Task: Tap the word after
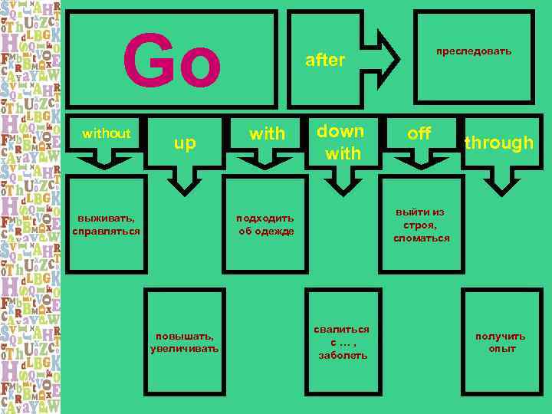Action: pos(325,60)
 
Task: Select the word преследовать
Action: pos(473,51)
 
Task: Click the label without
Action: pos(107,133)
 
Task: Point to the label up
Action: pos(185,142)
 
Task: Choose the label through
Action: pos(498,143)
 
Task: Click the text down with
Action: pos(342,142)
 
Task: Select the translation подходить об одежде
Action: pos(265,224)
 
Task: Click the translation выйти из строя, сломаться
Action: pos(422,225)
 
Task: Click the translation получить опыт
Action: pos(501,342)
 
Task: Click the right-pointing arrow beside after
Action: pos(384,58)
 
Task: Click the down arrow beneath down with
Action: pos(342,178)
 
